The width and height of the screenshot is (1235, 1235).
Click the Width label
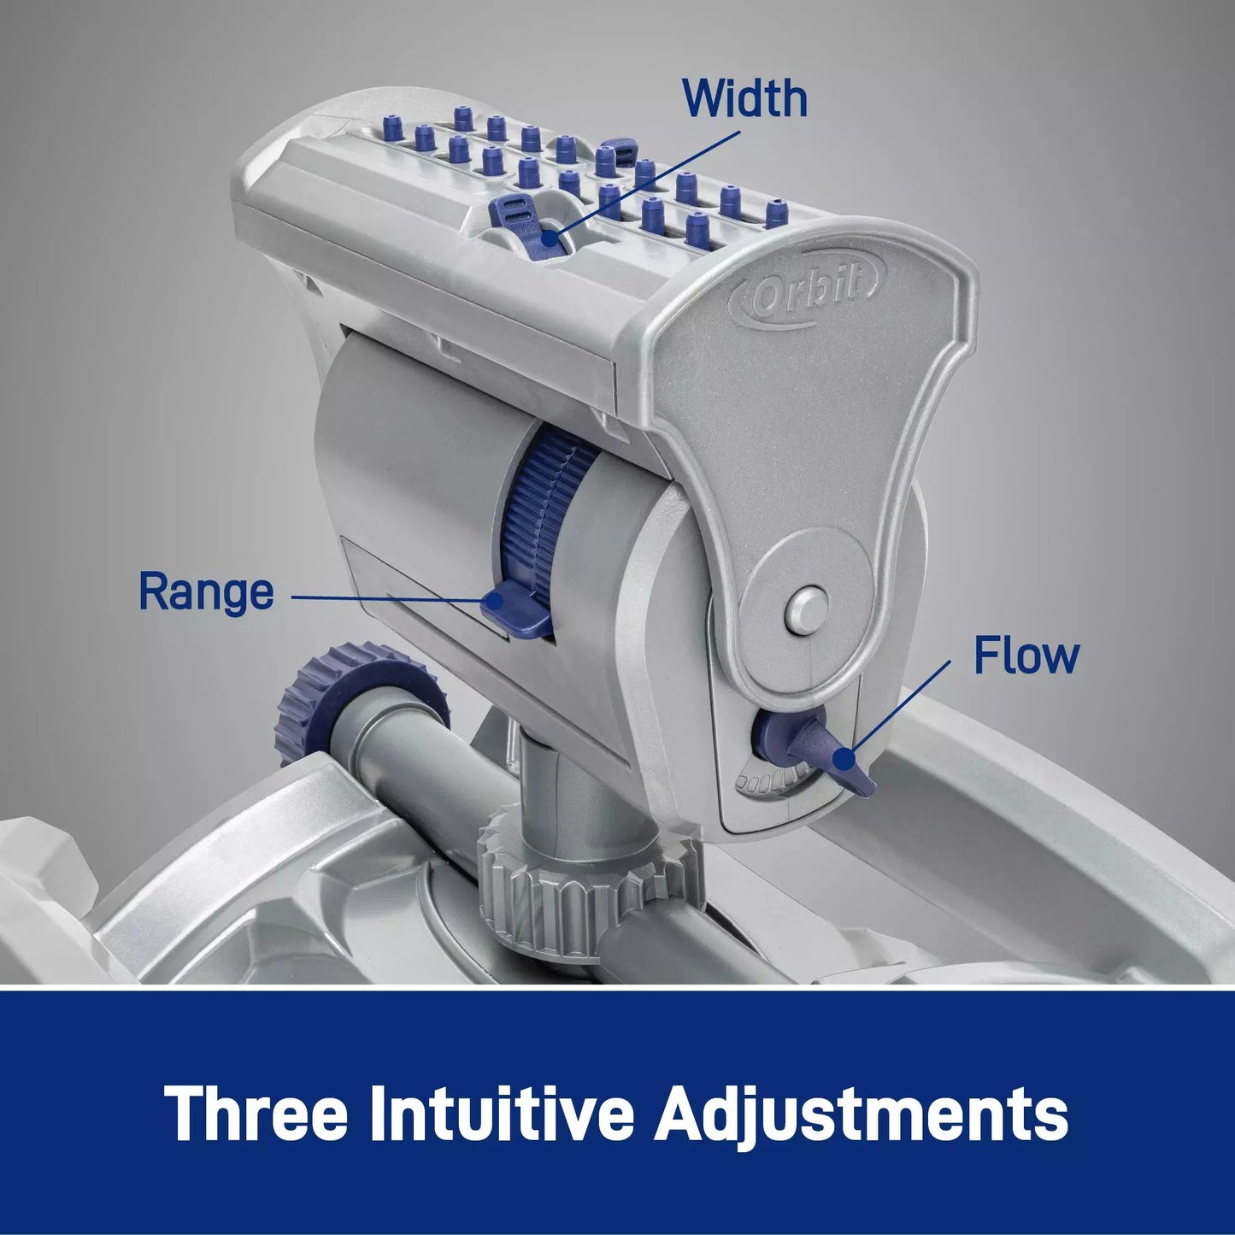pos(744,98)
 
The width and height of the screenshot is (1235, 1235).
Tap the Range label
pos(206,592)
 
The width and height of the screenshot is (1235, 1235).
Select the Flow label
pos(1026,656)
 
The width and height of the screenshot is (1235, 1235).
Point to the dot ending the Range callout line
pos(494,601)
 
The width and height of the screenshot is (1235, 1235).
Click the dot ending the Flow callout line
pos(844,760)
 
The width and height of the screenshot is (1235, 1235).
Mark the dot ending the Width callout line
pos(549,238)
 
